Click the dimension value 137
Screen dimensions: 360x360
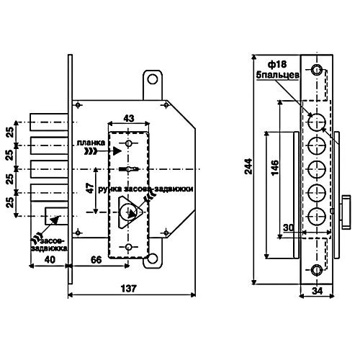129,288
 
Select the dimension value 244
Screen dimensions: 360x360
248,166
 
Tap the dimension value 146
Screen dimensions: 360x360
274,167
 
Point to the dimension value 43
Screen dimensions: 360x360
129,118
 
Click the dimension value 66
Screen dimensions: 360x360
96,260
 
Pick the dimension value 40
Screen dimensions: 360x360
50,260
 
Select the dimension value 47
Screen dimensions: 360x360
90,189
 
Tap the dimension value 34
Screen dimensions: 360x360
318,291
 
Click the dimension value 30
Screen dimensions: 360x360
289,228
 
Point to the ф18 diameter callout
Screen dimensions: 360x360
277,64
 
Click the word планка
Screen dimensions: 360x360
91,143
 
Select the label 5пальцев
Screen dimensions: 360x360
278,75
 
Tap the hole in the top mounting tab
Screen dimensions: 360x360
153,79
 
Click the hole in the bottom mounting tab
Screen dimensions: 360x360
153,258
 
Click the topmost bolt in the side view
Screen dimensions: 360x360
317,122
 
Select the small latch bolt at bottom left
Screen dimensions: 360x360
56,216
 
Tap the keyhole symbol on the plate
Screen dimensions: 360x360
129,169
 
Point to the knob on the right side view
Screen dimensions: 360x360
346,212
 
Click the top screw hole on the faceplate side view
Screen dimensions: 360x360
317,70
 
